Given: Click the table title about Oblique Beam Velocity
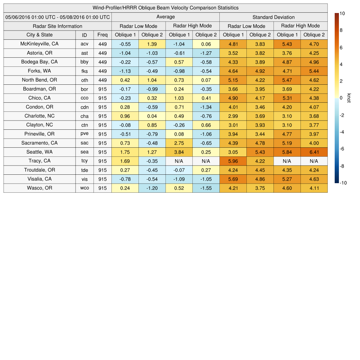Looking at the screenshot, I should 166,8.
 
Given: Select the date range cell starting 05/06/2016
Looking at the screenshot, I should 58,17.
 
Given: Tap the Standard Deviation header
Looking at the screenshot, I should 274,17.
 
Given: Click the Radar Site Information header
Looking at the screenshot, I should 58,26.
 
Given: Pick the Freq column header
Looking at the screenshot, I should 102,35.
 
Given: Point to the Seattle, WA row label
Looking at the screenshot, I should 39,152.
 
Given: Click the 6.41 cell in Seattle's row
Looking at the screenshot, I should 314,152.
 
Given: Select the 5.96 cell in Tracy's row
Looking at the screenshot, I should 233,161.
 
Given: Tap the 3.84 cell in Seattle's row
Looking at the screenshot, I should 179,152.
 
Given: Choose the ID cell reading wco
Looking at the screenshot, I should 84,188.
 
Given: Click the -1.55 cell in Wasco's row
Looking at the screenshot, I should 206,188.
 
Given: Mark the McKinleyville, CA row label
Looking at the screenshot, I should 39,44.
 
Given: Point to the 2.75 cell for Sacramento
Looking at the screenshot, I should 179,143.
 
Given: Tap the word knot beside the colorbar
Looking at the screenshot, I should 349,98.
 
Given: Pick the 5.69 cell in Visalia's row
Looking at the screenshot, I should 233,179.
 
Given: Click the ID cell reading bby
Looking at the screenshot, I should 84,62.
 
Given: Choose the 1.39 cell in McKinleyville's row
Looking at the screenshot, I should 152,44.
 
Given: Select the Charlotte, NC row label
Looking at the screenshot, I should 39,116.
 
